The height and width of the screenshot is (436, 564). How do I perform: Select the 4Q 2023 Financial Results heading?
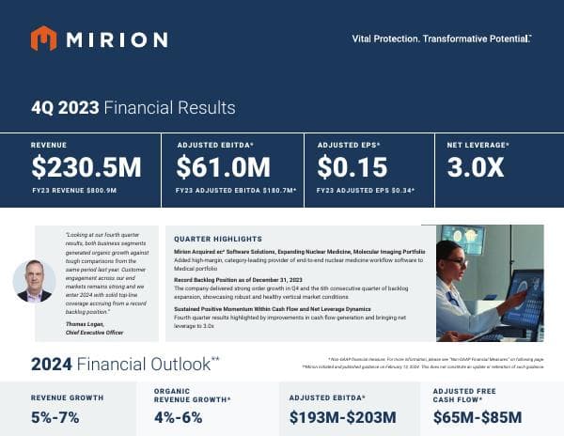133,107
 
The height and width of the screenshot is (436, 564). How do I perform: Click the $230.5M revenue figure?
86,168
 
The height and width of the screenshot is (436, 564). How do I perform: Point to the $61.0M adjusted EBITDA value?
224,168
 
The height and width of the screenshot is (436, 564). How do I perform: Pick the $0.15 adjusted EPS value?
352,168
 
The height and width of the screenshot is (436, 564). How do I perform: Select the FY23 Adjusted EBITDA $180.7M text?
236,191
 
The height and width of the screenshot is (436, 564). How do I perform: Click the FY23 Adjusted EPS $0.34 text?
367,191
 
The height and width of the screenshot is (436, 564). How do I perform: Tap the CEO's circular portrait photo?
34,281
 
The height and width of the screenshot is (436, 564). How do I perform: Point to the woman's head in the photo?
450,255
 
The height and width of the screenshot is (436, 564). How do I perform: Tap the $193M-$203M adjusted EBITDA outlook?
343,417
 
